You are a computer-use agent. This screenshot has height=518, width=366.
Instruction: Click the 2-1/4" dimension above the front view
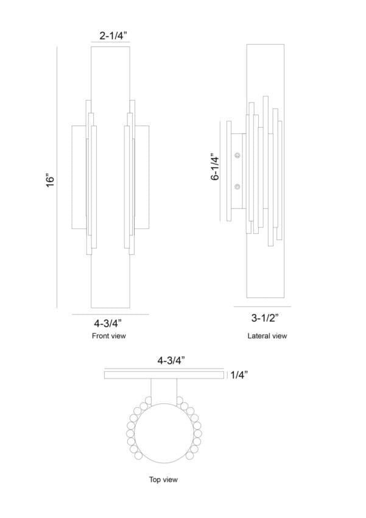click(113, 35)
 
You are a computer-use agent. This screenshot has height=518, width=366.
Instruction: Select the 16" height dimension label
click(50, 180)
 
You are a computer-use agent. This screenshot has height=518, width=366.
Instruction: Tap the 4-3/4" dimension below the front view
click(108, 322)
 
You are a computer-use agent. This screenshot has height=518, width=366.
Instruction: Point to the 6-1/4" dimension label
click(215, 166)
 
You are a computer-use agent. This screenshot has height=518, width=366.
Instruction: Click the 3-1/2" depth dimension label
click(265, 318)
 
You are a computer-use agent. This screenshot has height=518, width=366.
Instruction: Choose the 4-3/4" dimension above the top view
click(171, 360)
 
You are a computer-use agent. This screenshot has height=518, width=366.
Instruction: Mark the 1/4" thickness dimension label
click(239, 375)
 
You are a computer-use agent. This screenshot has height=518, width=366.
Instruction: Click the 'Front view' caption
click(109, 336)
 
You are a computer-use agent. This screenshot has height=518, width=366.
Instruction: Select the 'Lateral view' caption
click(267, 336)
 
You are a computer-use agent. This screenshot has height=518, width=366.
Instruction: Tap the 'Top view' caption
click(163, 480)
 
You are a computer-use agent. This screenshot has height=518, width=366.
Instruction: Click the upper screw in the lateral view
click(238, 155)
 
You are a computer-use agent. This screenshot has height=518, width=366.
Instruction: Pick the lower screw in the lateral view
click(238, 186)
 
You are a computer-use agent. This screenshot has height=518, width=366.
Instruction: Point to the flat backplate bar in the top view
click(164, 375)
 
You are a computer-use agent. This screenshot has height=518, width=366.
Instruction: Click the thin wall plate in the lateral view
click(229, 171)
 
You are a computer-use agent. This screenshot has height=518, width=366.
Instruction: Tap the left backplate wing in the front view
click(79, 177)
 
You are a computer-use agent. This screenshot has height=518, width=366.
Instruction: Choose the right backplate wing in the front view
click(141, 177)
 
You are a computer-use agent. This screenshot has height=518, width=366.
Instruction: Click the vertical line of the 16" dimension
click(57, 177)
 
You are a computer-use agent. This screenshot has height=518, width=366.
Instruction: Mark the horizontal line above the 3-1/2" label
click(262, 307)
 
